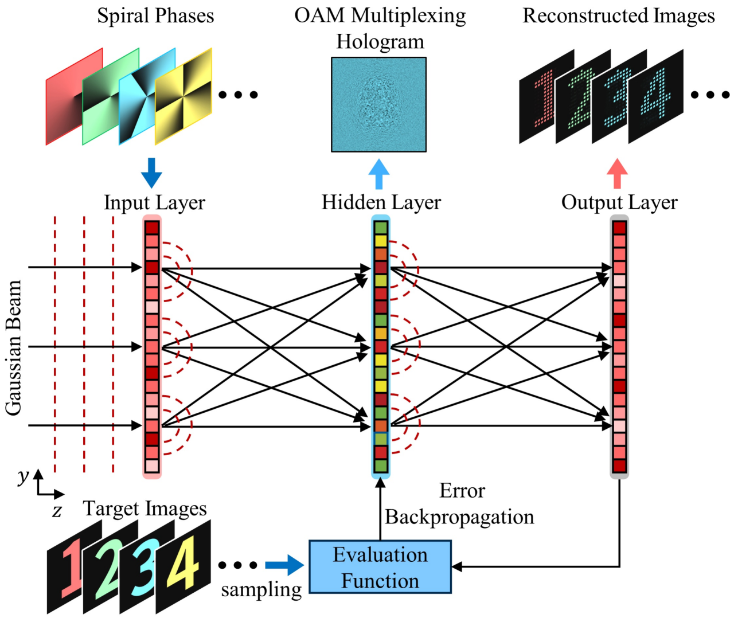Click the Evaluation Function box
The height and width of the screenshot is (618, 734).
pyautogui.click(x=380, y=567)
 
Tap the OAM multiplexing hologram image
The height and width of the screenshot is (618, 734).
pyautogui.click(x=378, y=104)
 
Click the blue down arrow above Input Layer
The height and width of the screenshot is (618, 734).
pyautogui.click(x=151, y=173)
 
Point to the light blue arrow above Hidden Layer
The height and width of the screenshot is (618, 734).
pyautogui.click(x=378, y=174)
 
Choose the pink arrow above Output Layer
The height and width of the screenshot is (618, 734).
pyautogui.click(x=617, y=174)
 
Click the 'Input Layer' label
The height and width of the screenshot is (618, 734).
pyautogui.click(x=154, y=202)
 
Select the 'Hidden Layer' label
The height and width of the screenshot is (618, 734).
pyautogui.click(x=381, y=202)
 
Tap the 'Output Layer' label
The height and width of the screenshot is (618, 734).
pyautogui.click(x=619, y=202)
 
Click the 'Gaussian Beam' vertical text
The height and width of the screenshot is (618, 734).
pyautogui.click(x=13, y=347)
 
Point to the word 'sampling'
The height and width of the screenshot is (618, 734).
pyautogui.click(x=261, y=590)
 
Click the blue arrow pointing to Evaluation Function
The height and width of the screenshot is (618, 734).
pyautogui.click(x=284, y=565)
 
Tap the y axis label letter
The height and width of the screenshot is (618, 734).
pyautogui.click(x=23, y=476)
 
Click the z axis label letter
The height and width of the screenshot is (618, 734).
pyautogui.click(x=56, y=510)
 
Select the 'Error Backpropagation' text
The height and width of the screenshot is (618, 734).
pyautogui.click(x=460, y=504)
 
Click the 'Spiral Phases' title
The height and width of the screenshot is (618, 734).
pyautogui.click(x=155, y=15)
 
